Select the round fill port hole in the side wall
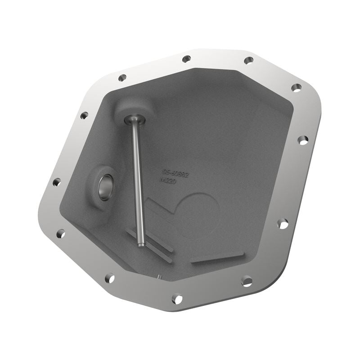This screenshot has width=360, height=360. pos(105,188)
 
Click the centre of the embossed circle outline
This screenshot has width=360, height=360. pos(198,216)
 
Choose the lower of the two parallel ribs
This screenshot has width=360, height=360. pos(151,250)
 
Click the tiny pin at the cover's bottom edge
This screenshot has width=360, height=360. pos(159,276)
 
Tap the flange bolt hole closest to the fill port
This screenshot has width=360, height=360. pos(57,182)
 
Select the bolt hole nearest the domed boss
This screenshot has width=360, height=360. pos(122,77)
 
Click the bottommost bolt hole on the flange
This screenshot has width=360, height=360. pos(177,299)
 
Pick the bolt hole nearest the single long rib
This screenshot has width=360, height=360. pos(247,281)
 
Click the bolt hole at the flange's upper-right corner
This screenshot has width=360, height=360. pos(296,87)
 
